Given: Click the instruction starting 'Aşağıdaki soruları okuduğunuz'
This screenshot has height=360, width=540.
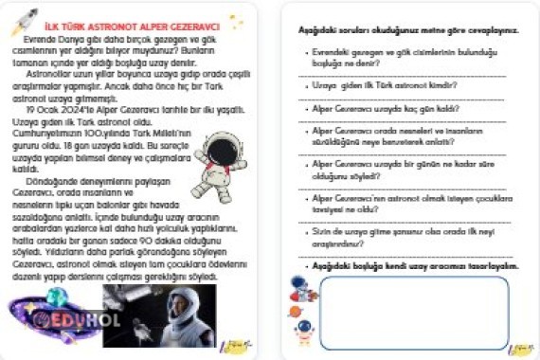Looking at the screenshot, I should click(x=408, y=30).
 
